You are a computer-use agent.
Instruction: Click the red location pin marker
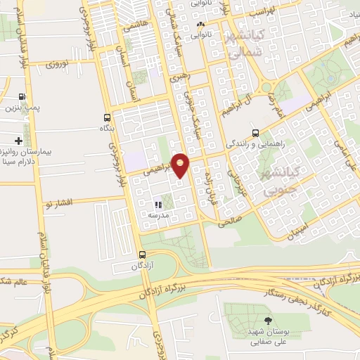pyautogui.click(x=181, y=165)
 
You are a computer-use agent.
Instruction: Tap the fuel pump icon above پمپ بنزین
pyautogui.click(x=22, y=97)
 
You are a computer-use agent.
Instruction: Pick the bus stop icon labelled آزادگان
pyautogui.click(x=143, y=255)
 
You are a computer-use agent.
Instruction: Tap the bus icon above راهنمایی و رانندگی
pyautogui.click(x=255, y=132)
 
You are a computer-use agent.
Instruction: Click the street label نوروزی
pyautogui.click(x=58, y=65)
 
